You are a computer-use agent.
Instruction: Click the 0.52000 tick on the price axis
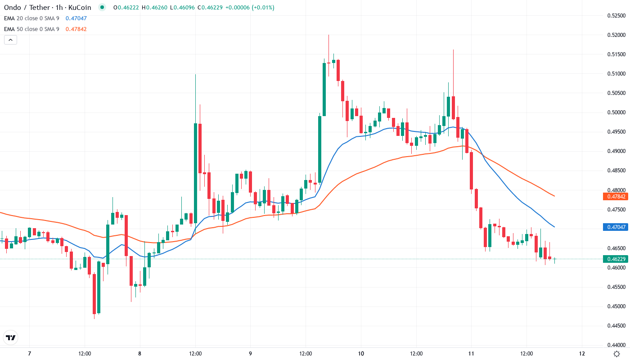(x=616, y=35)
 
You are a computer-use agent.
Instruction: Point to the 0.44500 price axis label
(x=616, y=325)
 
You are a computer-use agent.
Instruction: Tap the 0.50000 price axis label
(x=616, y=112)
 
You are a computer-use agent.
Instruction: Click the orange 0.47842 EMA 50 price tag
(x=616, y=196)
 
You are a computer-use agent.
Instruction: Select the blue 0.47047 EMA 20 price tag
(x=616, y=227)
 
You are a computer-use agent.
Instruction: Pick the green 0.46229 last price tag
(x=616, y=259)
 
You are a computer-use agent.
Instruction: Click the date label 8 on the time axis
(x=140, y=353)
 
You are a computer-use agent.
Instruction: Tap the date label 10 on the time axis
(x=361, y=353)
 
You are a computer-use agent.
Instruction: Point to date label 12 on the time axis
(x=582, y=353)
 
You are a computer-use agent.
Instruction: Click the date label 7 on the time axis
(x=29, y=353)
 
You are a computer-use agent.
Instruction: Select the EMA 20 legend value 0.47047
(x=76, y=18)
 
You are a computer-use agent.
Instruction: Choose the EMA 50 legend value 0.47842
(x=76, y=29)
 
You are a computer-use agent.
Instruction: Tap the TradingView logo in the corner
(x=11, y=337)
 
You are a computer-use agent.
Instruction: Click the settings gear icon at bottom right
(x=616, y=353)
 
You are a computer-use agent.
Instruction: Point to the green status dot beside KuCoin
(x=102, y=8)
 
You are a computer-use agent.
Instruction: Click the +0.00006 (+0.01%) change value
(x=252, y=8)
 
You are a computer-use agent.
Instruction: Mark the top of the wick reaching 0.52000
(x=328, y=35)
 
